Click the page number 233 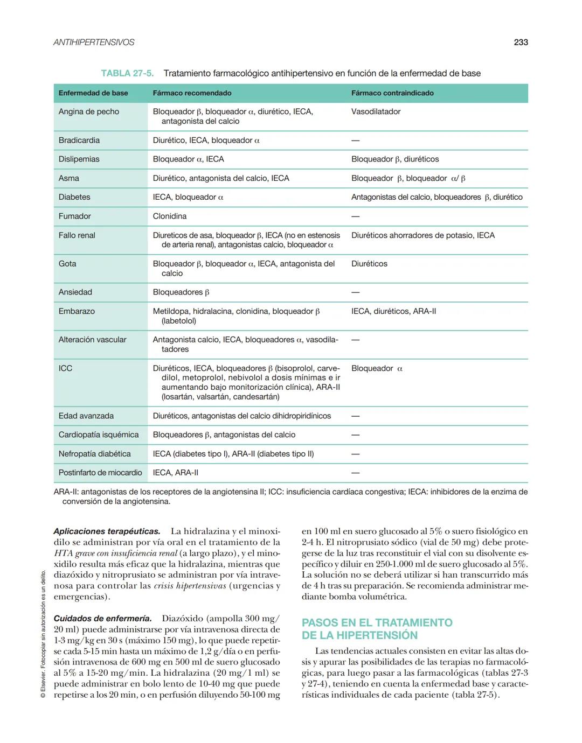point(521,42)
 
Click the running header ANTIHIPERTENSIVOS point(94,42)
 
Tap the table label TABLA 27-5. point(127,73)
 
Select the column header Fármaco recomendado point(192,93)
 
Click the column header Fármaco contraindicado point(392,93)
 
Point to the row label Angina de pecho point(89,111)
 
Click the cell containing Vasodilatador point(376,111)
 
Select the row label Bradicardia point(79,140)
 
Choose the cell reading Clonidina point(170,216)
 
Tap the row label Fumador point(75,216)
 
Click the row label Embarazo point(77,311)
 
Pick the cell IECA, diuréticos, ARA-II point(393,311)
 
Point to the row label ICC point(65,368)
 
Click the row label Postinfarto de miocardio point(100,473)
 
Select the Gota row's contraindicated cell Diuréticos point(369,264)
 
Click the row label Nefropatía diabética point(94,454)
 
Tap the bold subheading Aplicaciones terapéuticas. point(107,531)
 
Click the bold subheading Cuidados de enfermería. point(102,619)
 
